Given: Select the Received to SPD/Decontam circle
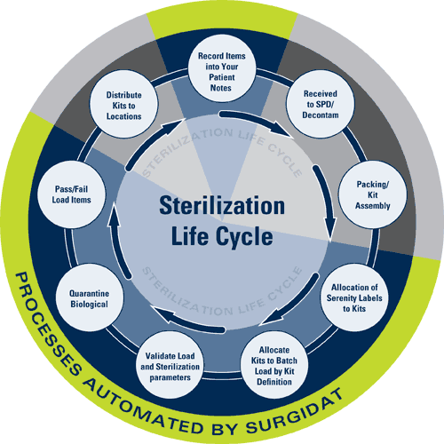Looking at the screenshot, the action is click(321, 104).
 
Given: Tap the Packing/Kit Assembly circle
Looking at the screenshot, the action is click(373, 194).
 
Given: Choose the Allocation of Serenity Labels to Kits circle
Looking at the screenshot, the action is click(354, 297).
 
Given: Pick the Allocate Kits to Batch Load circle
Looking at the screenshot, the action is click(274, 365).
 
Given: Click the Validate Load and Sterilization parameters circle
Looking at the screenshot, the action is click(170, 365).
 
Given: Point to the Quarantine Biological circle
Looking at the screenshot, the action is click(90, 297).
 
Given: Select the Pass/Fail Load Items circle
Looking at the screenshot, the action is click(71, 194).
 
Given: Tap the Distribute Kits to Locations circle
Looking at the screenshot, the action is click(123, 104).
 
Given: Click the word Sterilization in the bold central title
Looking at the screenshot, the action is click(222, 205).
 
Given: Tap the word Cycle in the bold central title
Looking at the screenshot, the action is click(244, 237).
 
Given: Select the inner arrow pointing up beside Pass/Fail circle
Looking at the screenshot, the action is click(117, 242).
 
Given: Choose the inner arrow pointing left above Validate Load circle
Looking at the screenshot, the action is click(188, 321).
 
